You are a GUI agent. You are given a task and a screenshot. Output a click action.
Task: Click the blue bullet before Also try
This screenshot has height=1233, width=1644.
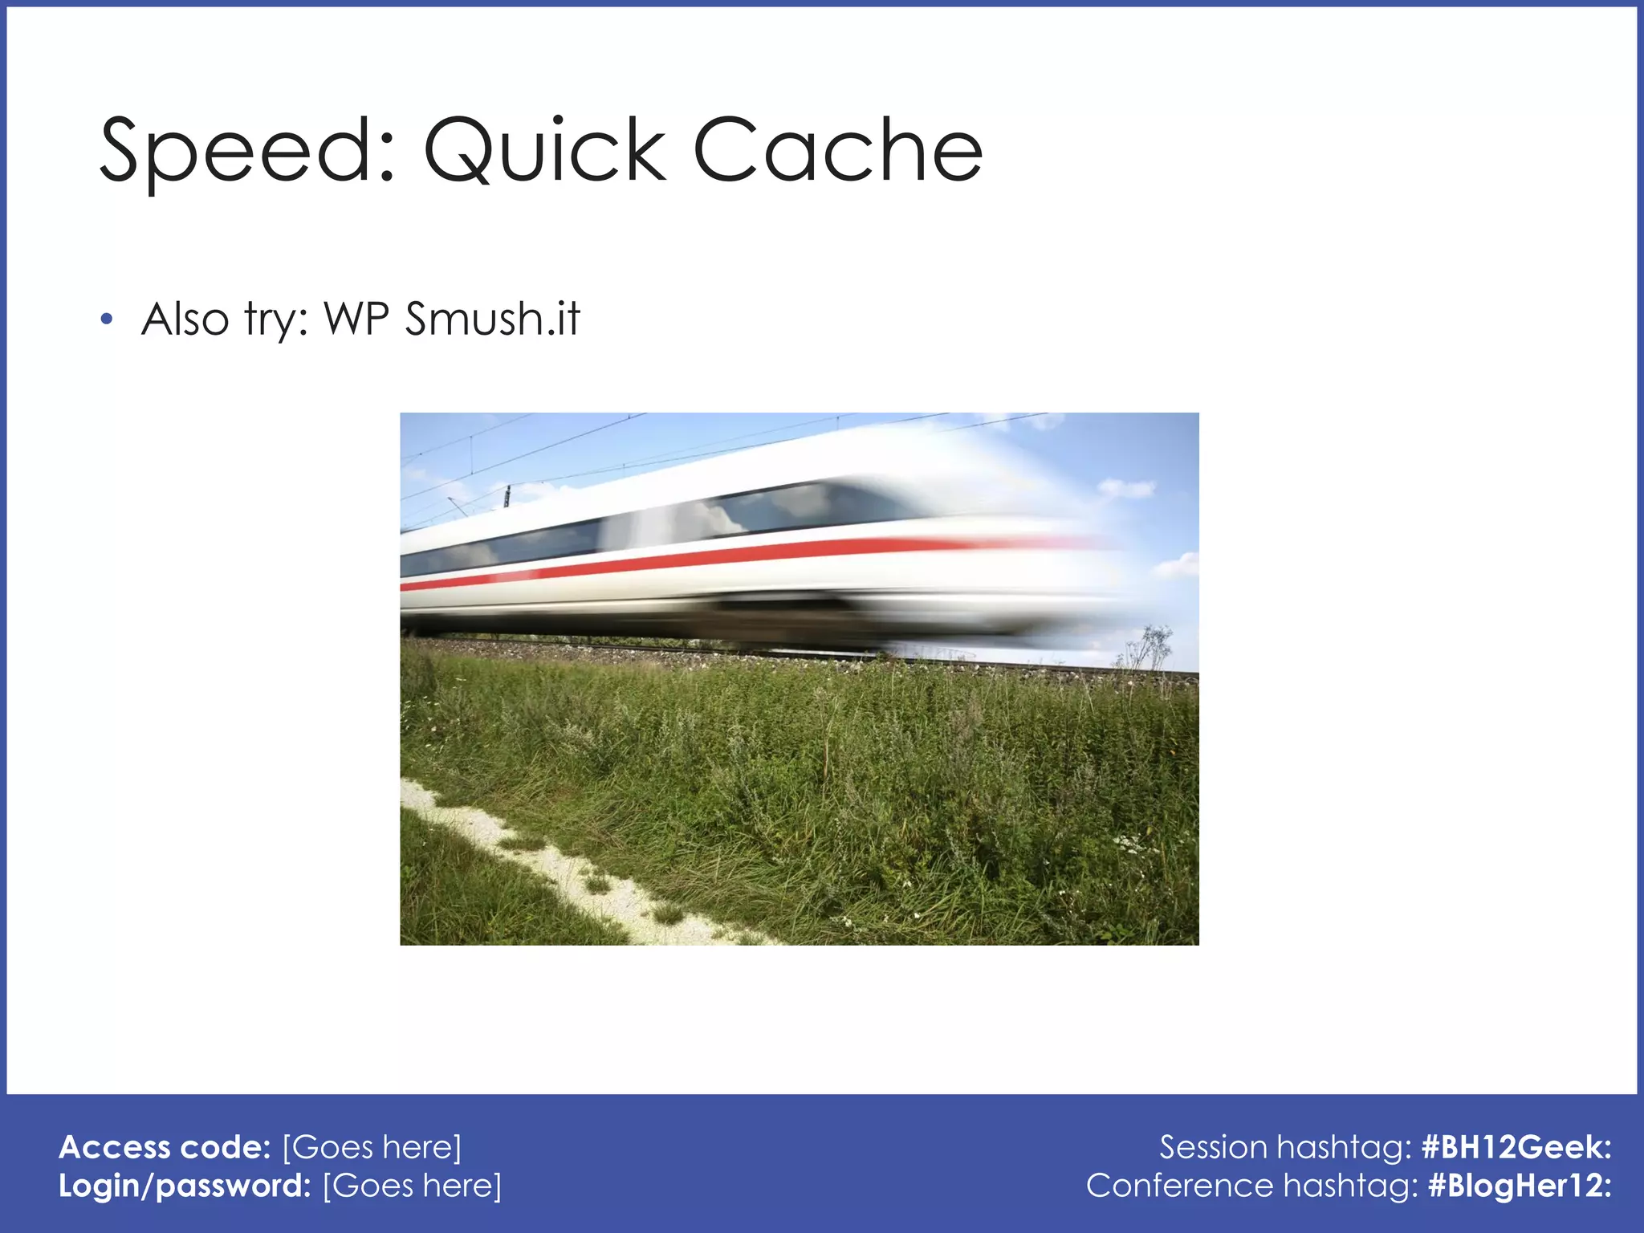coord(107,320)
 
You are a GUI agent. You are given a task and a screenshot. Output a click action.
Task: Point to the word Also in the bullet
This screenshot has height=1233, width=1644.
coord(185,319)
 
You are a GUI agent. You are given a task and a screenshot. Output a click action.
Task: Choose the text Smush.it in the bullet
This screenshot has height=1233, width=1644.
coord(491,319)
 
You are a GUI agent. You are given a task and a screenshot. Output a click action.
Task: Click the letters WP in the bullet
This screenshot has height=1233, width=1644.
coord(356,319)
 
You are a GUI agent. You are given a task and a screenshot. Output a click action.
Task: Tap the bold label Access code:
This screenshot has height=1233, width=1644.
coord(165,1147)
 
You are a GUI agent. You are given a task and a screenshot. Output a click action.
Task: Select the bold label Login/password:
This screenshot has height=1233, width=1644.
coord(185,1186)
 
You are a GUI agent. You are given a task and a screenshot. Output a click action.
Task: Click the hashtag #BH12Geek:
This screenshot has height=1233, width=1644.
coord(1516,1147)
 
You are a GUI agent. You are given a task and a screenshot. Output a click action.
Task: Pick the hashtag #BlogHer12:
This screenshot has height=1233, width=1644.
coord(1520,1186)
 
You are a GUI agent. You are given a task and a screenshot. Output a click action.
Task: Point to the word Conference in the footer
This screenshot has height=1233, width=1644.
coord(1179,1186)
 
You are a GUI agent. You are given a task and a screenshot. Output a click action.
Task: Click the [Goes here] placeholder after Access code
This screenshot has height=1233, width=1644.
coord(372,1147)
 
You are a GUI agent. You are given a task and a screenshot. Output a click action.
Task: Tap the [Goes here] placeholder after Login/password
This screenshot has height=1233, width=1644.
coord(413,1186)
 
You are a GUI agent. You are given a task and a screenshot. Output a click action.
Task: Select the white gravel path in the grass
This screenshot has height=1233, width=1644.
coord(562,867)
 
